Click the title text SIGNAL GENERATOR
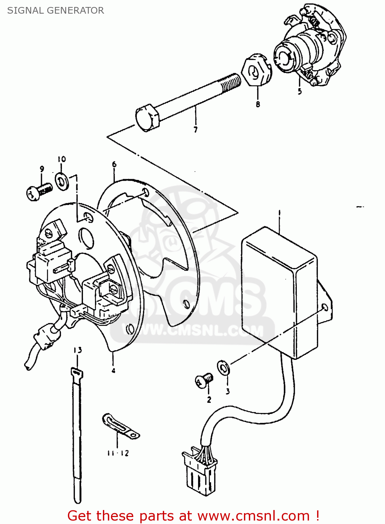56,10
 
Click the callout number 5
300,92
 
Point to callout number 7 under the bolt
196,130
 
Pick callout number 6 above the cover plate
114,164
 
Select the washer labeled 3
223,367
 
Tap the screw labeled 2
203,380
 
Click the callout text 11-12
118,453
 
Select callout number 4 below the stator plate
113,371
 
